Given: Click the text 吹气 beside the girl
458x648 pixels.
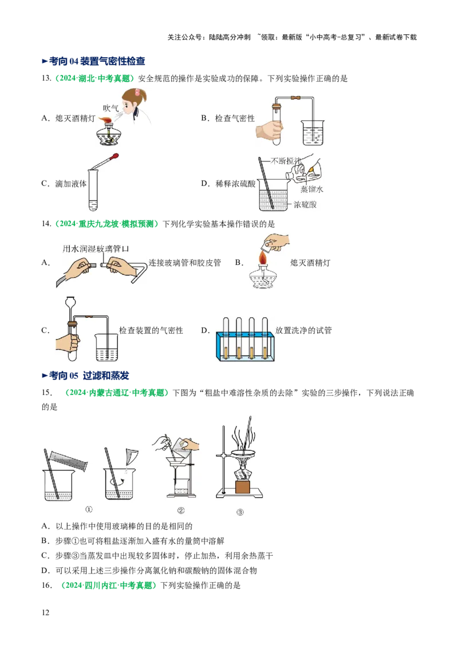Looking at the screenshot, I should click(x=110, y=108).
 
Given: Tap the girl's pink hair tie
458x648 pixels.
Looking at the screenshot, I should click(x=137, y=92).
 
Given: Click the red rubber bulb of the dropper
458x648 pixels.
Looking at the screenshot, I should click(x=115, y=155).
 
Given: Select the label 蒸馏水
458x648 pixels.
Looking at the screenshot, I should click(x=312, y=189).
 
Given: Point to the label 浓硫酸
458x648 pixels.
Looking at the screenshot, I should click(x=305, y=204).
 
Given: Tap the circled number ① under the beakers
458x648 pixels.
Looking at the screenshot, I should click(x=89, y=509).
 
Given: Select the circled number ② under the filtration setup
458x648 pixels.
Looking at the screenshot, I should click(x=181, y=511).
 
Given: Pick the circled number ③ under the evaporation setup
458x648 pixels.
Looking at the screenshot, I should click(x=240, y=512).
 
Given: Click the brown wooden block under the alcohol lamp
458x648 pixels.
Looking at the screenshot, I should click(x=242, y=487).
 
